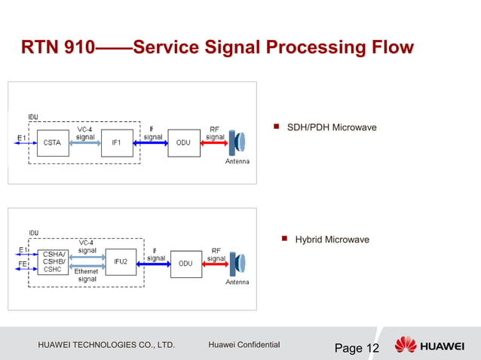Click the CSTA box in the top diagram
[x=53, y=142]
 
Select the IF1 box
[x=117, y=142]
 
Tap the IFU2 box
[x=121, y=262]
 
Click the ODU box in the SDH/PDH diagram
[x=183, y=142]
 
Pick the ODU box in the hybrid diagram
[x=185, y=264]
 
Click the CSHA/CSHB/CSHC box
[x=54, y=262]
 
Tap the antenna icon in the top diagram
[x=237, y=142]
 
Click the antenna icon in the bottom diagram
[x=237, y=264]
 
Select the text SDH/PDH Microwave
[x=332, y=127]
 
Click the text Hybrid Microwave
[x=332, y=239]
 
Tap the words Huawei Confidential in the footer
[x=244, y=345]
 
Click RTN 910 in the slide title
[x=57, y=48]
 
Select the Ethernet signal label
[x=87, y=275]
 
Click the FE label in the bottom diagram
[x=23, y=264]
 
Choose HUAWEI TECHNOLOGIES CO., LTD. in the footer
[x=106, y=345]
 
